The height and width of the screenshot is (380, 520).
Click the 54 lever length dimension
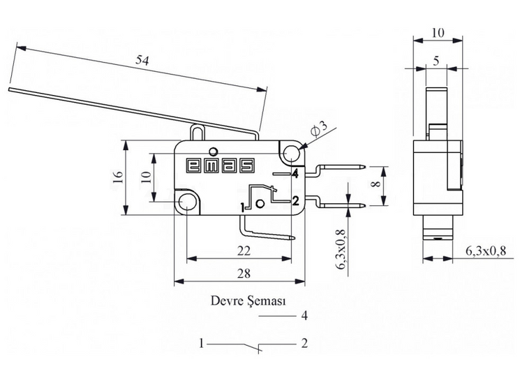(142, 60)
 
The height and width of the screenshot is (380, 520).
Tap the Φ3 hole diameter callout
(318, 129)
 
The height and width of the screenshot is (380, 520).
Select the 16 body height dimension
(118, 177)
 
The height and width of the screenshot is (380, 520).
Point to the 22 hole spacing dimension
(244, 251)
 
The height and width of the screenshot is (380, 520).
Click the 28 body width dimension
(244, 274)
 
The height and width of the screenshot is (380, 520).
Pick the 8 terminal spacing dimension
(376, 183)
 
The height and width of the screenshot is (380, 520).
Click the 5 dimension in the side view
(436, 61)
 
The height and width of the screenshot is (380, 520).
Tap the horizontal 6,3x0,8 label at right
(486, 251)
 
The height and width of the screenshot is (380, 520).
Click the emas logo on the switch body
(221, 166)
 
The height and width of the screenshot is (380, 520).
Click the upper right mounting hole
(291, 153)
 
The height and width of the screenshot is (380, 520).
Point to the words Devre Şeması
(248, 301)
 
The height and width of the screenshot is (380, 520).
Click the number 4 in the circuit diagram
(304, 315)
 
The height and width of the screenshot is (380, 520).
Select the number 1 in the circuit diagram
(201, 343)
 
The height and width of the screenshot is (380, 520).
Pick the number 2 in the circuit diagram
(304, 343)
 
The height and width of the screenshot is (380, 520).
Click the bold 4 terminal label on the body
(295, 173)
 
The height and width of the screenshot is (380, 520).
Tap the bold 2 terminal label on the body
(295, 200)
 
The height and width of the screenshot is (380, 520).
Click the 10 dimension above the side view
(438, 33)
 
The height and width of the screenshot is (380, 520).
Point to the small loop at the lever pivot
(198, 132)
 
